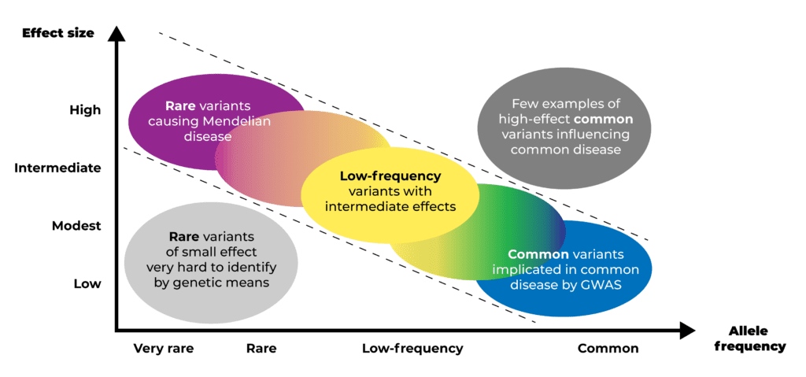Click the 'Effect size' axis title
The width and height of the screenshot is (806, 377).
(58, 33)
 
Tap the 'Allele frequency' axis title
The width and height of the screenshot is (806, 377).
(757, 339)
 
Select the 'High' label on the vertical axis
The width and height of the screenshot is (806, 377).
(85, 110)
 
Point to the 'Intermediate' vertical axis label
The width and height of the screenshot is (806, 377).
(57, 168)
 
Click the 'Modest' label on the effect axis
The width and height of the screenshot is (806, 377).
(76, 226)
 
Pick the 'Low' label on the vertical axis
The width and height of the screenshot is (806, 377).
(87, 284)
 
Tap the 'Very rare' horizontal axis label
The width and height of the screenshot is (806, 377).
(164, 349)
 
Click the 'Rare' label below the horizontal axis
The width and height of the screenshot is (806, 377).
(261, 349)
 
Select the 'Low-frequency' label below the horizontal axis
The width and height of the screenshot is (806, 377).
(412, 349)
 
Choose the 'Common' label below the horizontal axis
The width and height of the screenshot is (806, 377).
(608, 349)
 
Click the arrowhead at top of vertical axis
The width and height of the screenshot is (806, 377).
(118, 33)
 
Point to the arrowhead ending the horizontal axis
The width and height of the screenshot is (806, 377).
(687, 331)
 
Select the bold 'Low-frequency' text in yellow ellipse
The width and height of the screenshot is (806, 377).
(390, 176)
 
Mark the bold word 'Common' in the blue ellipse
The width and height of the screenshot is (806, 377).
(538, 254)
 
